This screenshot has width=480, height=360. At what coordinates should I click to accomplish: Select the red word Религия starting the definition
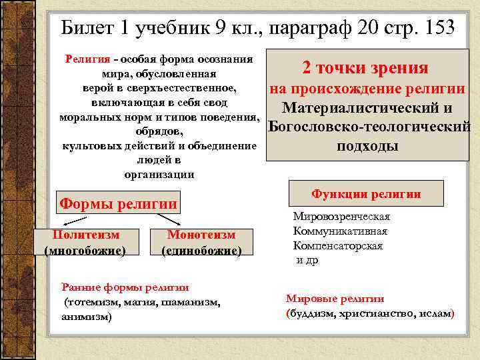pos(87,59)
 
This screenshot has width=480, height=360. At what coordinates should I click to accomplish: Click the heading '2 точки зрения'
pos(365,68)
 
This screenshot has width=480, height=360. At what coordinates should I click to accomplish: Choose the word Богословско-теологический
pos(369,127)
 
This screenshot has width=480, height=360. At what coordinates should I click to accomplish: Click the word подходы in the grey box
pos(367,146)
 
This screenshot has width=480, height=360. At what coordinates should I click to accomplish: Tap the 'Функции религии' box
pos(366,194)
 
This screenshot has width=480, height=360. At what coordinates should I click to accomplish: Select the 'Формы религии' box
pos(119,203)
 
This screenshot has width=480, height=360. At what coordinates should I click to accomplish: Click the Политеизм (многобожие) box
pos(85,243)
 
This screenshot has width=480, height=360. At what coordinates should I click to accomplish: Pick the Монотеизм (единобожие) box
pos(201,243)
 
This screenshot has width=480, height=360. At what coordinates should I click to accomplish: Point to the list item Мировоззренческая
pos(341,217)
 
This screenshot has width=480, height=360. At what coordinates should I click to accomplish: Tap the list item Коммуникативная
pos(340,231)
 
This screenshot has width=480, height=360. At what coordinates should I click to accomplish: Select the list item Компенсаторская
pos(338,245)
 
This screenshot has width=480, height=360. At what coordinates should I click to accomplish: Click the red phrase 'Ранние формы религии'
pos(125,287)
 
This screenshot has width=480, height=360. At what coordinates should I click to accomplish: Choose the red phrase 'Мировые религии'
pos(335,299)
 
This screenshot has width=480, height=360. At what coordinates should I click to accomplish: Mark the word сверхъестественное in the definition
pos(194,87)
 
